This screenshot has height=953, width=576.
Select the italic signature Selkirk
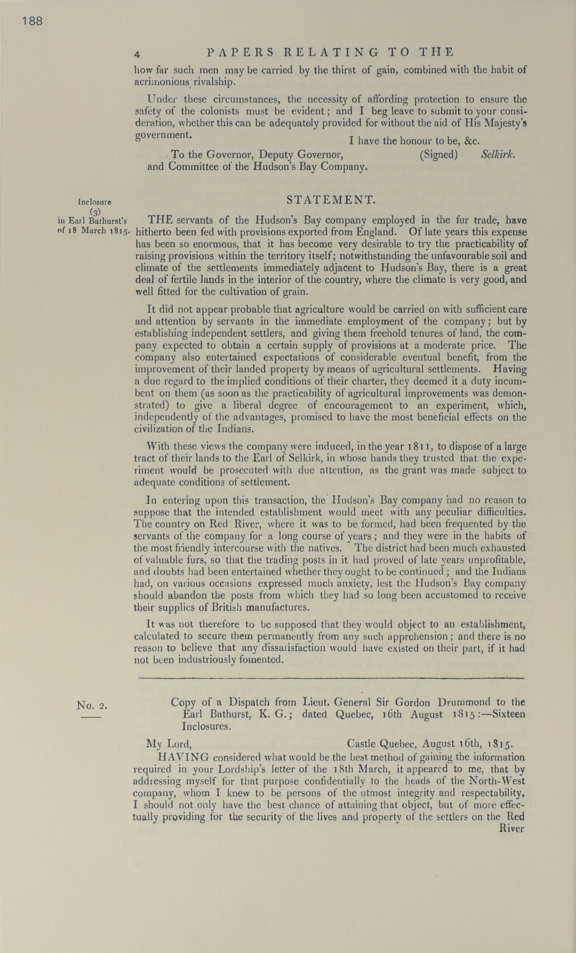(x=498, y=154)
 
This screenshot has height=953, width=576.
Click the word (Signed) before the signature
(x=438, y=155)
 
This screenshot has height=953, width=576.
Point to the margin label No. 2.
(x=92, y=705)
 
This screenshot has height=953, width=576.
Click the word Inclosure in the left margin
(x=95, y=201)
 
